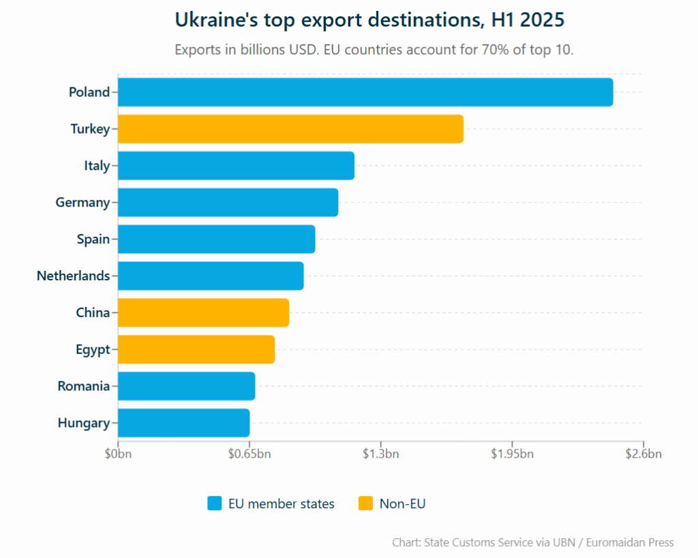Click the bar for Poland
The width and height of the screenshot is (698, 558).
[x=365, y=92]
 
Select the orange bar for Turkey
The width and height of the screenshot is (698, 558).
[x=290, y=129]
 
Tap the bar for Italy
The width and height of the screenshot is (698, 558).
[x=236, y=166]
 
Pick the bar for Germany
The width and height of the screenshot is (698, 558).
[x=228, y=203]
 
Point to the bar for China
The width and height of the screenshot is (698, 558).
[x=203, y=313]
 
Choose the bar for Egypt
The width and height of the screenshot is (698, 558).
[x=196, y=350]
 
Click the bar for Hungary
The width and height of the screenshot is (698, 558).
[x=183, y=423]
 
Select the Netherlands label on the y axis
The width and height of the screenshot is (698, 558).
[x=73, y=276]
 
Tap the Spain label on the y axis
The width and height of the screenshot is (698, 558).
[x=93, y=239]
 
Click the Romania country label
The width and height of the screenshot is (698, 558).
[x=83, y=387]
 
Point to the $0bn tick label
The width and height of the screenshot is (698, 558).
[x=118, y=454]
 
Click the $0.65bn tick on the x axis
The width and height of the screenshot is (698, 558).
[x=249, y=454]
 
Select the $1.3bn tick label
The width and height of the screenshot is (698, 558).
[x=380, y=454]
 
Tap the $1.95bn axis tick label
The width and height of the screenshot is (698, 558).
[x=512, y=454]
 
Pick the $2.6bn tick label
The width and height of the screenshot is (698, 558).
[x=643, y=454]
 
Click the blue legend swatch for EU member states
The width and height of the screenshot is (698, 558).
[x=215, y=504]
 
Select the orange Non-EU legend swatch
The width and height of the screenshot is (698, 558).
[x=365, y=504]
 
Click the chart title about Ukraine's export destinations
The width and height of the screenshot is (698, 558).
[x=369, y=20]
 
